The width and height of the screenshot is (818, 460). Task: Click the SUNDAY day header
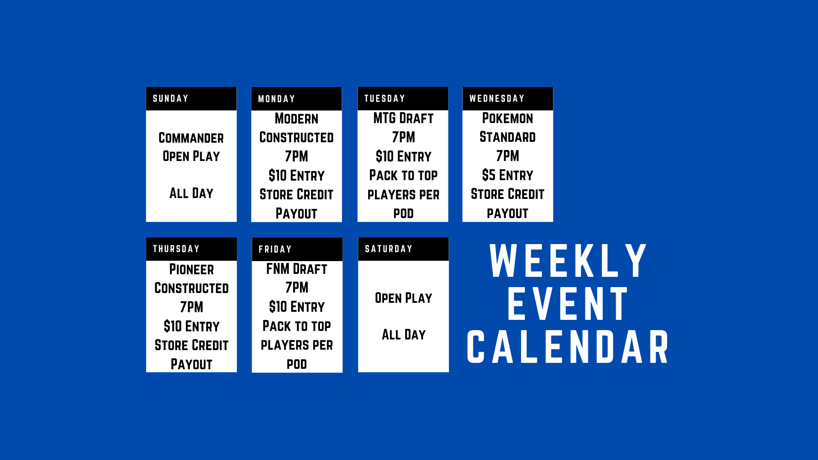[x=170, y=99]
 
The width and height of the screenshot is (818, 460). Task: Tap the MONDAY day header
[x=277, y=99]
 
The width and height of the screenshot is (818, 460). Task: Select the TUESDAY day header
[x=385, y=99]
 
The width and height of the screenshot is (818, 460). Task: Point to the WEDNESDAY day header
[x=497, y=99]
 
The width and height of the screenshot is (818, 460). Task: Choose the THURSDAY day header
[x=176, y=249]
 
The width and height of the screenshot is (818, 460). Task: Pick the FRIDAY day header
[x=275, y=250]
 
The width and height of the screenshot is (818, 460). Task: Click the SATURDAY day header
[x=389, y=249]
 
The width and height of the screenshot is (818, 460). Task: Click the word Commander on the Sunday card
[x=191, y=138]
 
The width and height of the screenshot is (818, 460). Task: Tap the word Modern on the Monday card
[x=297, y=118]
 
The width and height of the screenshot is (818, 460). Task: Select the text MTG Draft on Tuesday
[x=403, y=118]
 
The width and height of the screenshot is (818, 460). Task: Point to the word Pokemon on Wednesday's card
[x=507, y=118]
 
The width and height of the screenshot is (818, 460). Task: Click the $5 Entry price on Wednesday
[x=507, y=175]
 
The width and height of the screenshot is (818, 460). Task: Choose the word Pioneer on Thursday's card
[x=192, y=269]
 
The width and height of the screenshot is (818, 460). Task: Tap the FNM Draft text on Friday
[x=297, y=269]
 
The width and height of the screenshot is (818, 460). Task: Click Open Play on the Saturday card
[x=403, y=298]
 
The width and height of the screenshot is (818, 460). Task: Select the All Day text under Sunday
[x=191, y=193]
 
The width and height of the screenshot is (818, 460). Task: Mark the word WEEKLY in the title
[x=568, y=261]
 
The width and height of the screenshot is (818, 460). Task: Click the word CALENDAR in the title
[x=568, y=347]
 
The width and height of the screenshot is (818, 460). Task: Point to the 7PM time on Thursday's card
[x=192, y=307]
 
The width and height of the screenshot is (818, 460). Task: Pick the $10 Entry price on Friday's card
[x=297, y=307]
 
